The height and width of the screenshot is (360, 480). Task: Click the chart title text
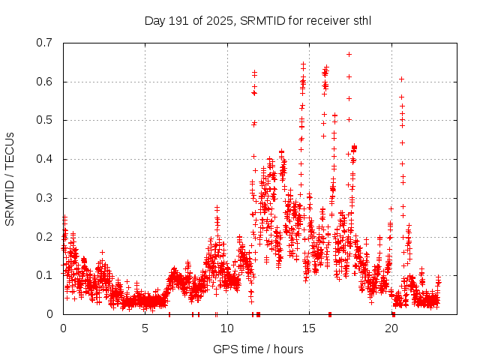point(258,20)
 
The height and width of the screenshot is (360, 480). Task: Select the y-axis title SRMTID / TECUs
point(10,178)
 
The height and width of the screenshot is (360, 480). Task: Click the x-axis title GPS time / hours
point(258,349)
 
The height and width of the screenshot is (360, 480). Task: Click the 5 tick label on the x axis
point(145,328)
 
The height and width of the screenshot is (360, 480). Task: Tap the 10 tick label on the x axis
point(227,328)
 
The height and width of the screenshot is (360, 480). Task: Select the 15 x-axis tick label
point(309,328)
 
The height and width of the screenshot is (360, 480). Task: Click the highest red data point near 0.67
point(349,54)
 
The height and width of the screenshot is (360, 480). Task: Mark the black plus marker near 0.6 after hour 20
point(401,79)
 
